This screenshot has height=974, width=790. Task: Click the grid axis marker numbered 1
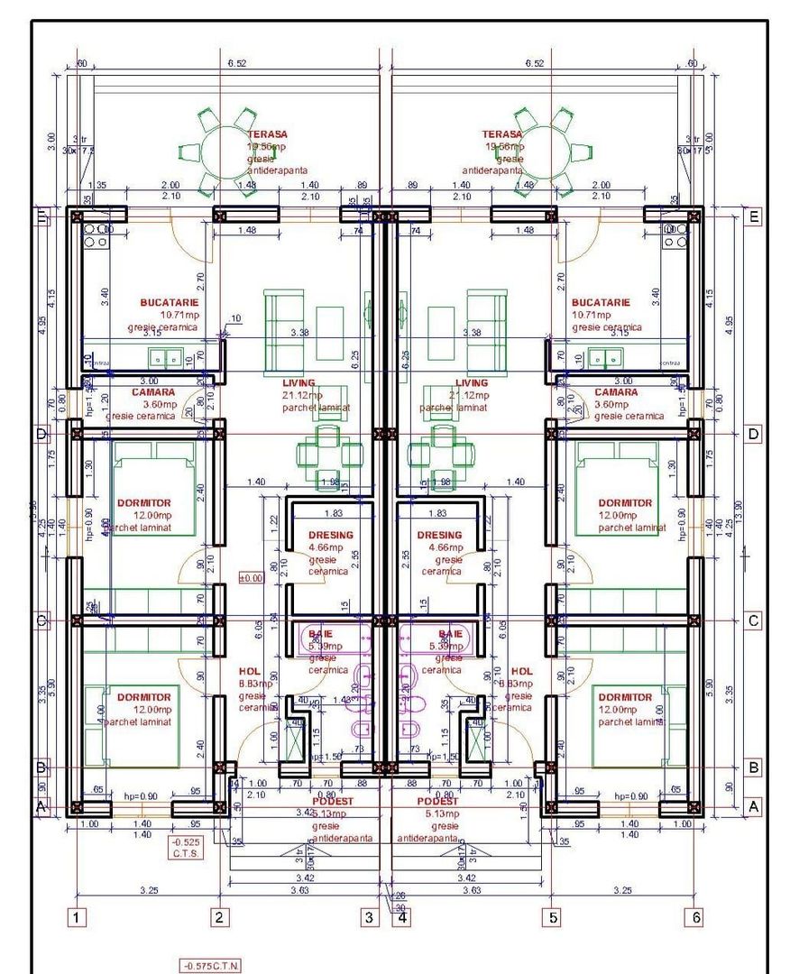(78, 918)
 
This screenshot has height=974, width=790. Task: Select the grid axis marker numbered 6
(694, 917)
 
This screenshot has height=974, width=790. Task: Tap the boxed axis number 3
(369, 918)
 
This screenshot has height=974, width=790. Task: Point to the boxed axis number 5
(553, 918)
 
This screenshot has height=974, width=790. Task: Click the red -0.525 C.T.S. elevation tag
(187, 847)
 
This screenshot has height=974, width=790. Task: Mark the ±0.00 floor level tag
(250, 577)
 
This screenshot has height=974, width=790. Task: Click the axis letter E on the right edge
(753, 217)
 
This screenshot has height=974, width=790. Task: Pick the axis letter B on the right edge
(753, 768)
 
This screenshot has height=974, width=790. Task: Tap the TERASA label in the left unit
(267, 134)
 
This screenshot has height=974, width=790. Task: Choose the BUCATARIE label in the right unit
(601, 303)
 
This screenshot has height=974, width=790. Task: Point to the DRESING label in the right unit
(439, 536)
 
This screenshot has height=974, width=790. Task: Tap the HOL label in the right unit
(521, 672)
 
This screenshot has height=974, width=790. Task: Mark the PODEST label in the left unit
(335, 801)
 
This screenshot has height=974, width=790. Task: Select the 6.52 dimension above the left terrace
(237, 63)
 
